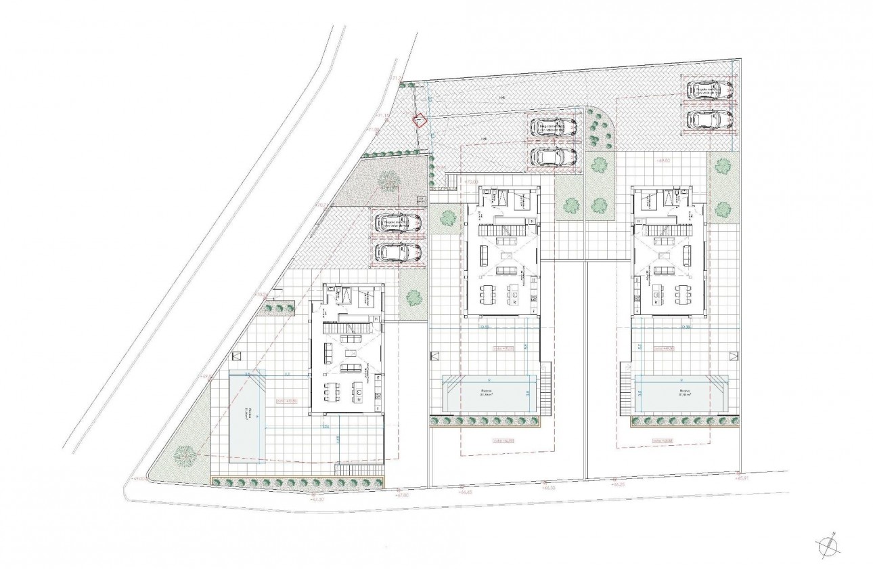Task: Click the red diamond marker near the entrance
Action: click(420, 121)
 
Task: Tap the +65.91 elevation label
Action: click(744, 478)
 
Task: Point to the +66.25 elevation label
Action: click(617, 485)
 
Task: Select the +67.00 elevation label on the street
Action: click(403, 495)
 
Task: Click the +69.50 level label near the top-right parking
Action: click(663, 161)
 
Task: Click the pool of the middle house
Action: click(486, 393)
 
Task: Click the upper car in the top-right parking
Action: click(710, 91)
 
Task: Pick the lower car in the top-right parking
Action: click(710, 119)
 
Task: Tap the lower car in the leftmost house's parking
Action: click(399, 252)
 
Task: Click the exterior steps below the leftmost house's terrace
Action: click(360, 469)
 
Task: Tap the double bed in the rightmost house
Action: click(650, 201)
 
